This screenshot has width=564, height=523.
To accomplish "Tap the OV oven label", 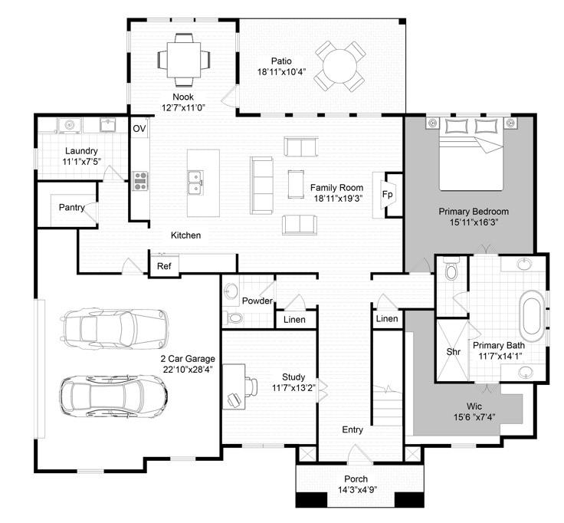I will [x=139, y=128].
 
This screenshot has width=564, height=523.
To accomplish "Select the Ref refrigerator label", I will [x=164, y=266].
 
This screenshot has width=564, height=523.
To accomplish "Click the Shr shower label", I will [x=453, y=352].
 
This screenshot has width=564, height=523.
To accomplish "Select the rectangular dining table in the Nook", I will [x=182, y=59].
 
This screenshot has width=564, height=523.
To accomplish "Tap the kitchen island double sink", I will [x=195, y=181].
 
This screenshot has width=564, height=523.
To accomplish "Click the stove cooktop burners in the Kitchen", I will [x=142, y=179].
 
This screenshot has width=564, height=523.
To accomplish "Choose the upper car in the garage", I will [x=115, y=327].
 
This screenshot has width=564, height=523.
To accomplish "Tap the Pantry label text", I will [x=70, y=207].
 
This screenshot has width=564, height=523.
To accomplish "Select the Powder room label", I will [x=257, y=301].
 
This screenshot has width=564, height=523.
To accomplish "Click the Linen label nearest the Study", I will [x=294, y=319].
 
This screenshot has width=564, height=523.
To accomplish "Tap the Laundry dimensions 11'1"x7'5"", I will [x=82, y=162].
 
